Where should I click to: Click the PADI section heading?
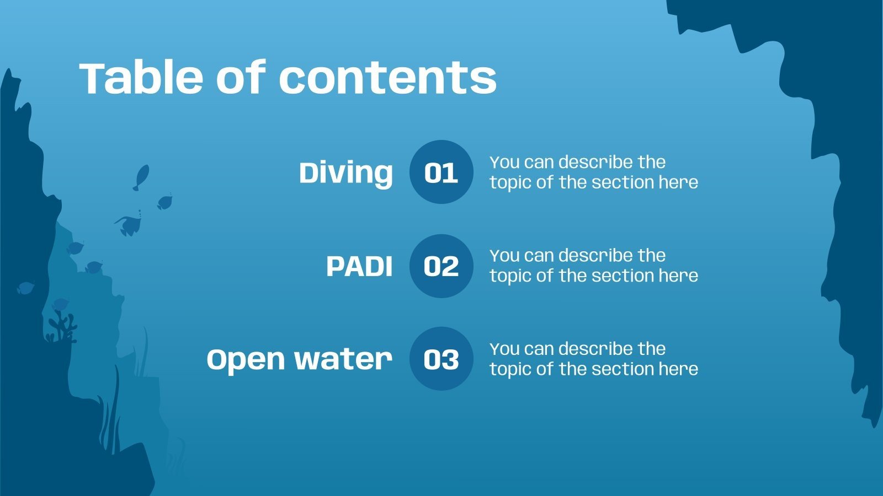point(359,267)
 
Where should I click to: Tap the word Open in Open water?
point(246,360)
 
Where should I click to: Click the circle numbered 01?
point(441,172)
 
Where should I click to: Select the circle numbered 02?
point(441,266)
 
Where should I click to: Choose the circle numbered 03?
point(441,359)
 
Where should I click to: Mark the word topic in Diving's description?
point(510,183)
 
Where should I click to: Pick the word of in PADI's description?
point(545,276)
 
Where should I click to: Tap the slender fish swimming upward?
point(141,177)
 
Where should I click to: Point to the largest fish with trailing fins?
point(129,225)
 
